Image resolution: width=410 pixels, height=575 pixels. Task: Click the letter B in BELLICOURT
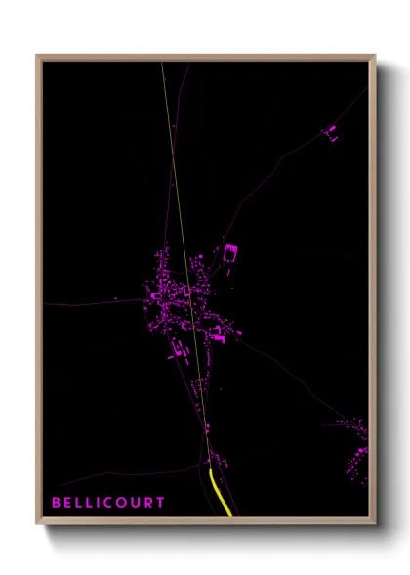pyautogui.click(x=57, y=503)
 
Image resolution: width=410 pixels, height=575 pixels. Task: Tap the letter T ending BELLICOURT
pyautogui.click(x=160, y=503)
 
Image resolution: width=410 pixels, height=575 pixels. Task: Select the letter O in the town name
pyautogui.click(x=121, y=503)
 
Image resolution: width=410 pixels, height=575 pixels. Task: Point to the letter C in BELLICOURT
pyautogui.click(x=107, y=503)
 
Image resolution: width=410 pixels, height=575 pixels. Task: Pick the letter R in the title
pyautogui.click(x=147, y=503)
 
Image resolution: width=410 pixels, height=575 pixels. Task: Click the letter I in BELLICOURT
pyautogui.click(x=98, y=503)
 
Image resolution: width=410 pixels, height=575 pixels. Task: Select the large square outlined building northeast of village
pyautogui.click(x=230, y=252)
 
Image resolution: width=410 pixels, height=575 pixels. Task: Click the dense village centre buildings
pyautogui.click(x=176, y=298)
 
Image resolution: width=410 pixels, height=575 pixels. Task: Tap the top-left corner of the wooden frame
pyautogui.click(x=38, y=56)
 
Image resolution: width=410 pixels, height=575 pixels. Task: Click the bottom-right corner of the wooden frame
pyautogui.click(x=374, y=524)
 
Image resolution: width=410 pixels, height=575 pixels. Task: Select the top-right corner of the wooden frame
pyautogui.click(x=374, y=56)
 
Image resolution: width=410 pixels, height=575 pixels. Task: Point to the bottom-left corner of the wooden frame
pyautogui.click(x=38, y=524)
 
